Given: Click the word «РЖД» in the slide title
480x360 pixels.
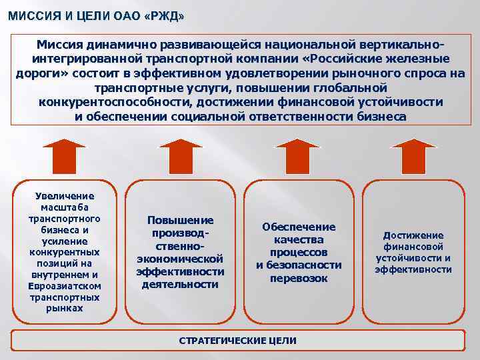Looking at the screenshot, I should pyautogui.click(x=165, y=15).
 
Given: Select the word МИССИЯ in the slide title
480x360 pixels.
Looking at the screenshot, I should pyautogui.click(x=34, y=15).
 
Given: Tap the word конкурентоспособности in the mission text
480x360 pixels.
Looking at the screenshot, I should pyautogui.click(x=114, y=102).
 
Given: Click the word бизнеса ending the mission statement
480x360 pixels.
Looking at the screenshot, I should pyautogui.click(x=381, y=116).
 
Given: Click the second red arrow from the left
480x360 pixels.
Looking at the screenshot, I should pyautogui.click(x=180, y=157).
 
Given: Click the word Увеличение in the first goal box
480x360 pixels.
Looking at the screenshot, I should pyautogui.click(x=65, y=195).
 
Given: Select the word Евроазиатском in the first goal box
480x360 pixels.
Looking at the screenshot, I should pyautogui.click(x=65, y=285).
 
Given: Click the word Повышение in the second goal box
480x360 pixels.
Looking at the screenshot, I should pyautogui.click(x=180, y=220).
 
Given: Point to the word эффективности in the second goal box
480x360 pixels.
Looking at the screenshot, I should pyautogui.click(x=180, y=271).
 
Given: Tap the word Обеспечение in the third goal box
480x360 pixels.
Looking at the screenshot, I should pyautogui.click(x=299, y=227).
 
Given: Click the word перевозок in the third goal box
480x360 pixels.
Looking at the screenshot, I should pyautogui.click(x=299, y=278).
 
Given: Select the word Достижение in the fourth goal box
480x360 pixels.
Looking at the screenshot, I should pyautogui.click(x=413, y=235).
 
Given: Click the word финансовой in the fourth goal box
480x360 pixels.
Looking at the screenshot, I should pyautogui.click(x=413, y=247).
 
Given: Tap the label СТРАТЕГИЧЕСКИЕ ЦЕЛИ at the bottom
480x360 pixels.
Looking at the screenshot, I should pyautogui.click(x=238, y=340).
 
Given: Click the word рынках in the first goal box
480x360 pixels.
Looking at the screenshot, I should pyautogui.click(x=65, y=308).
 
